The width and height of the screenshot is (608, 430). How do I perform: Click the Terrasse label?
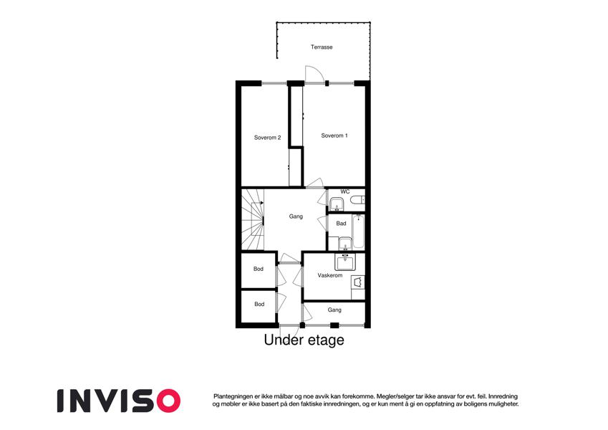(322, 47)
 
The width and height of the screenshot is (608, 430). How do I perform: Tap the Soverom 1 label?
(334, 135)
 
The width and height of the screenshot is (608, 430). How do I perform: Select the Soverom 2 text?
(267, 138)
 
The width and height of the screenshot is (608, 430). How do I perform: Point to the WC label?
(344, 192)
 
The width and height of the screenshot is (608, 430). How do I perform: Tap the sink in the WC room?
(337, 204)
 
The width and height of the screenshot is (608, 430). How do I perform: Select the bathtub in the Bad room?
(358, 231)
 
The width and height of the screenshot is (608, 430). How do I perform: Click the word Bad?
(341, 223)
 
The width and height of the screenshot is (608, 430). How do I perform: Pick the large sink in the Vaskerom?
(345, 262)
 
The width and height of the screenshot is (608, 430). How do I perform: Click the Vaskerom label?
(330, 275)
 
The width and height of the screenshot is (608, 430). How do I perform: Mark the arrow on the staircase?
(258, 203)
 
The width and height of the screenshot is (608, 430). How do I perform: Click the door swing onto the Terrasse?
(314, 74)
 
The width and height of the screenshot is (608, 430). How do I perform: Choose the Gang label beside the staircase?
(296, 216)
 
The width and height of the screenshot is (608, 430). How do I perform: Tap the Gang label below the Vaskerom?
(334, 310)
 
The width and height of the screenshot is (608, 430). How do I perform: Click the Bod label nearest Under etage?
(259, 304)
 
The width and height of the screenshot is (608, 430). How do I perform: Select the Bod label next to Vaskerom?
(259, 269)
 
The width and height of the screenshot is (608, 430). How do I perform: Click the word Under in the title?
(284, 340)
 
